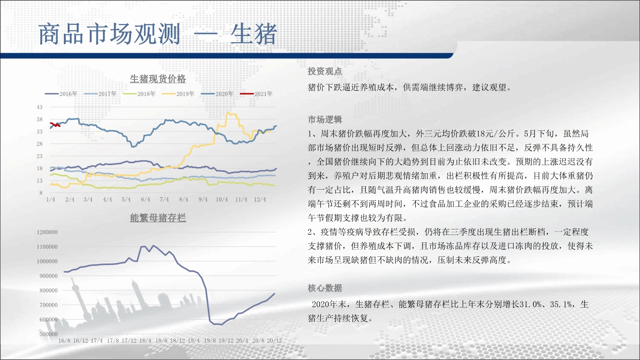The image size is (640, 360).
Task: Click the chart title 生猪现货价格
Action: pyautogui.click(x=157, y=79)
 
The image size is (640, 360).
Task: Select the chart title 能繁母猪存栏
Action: pyautogui.click(x=157, y=218)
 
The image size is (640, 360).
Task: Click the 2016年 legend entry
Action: pyautogui.click(x=61, y=94)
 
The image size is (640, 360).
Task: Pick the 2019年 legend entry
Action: pyautogui.click(x=178, y=94)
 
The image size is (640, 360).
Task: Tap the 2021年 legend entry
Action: pyautogui.click(x=256, y=94)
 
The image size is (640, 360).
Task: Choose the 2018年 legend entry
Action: pyautogui.click(x=139, y=94)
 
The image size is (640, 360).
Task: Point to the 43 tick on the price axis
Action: pyautogui.click(x=39, y=107)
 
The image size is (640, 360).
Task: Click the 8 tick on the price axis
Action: pyautogui.click(x=41, y=193)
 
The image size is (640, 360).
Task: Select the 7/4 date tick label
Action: pyautogui.click(x=164, y=199)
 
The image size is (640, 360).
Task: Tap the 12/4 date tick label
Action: pyautogui.click(x=260, y=199)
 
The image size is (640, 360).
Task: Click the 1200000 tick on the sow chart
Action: pyautogui.click(x=47, y=232)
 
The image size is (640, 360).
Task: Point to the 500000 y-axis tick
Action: pyautogui.click(x=48, y=334)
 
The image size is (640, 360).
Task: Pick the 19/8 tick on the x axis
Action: pyautogui.click(x=210, y=341)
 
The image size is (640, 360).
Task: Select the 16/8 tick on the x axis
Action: pyautogui.click(x=64, y=341)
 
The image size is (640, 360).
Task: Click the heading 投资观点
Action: pyautogui.click(x=325, y=72)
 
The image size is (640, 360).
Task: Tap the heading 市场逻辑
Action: pyautogui.click(x=325, y=120)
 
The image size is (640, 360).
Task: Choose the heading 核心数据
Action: pyautogui.click(x=325, y=288)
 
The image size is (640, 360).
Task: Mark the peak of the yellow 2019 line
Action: pyautogui.click(x=228, y=112)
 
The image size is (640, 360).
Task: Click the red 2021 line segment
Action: pyautogui.click(x=55, y=125)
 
